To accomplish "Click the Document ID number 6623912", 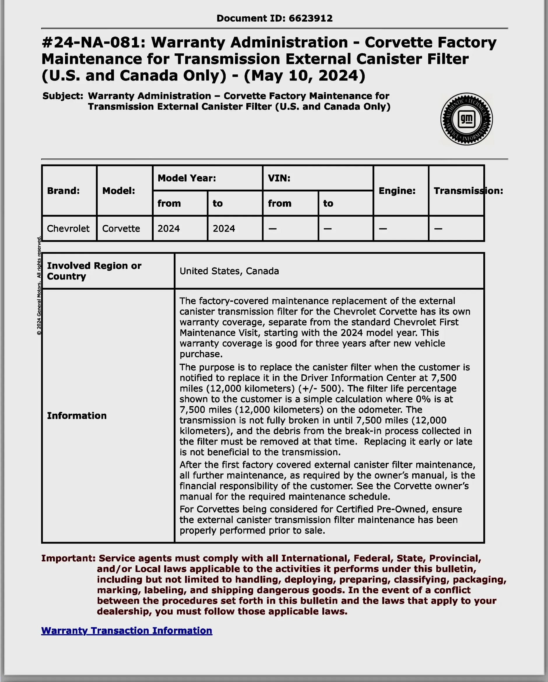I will pos(310,18).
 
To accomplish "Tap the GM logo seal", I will pos(466,119).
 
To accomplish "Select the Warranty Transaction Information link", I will pos(127,630).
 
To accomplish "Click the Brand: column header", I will pos(63,191).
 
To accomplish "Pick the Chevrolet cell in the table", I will pos(68,228).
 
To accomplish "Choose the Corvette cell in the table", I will pos(121,228).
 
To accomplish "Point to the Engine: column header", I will pos(397,191).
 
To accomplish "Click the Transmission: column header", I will pos(468,191).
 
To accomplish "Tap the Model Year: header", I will pos(187,178).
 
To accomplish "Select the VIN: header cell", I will pos(279,178).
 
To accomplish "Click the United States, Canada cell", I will pos(229,271).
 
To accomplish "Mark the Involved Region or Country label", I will pos(94,271).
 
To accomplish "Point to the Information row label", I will pos(77,415).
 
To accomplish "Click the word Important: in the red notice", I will pos(68,558).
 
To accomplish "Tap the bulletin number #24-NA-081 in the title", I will pos(94,42).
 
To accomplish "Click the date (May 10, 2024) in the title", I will pos(304,76).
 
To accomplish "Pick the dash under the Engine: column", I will pos(383,228).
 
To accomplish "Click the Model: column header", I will pos(119,191).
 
